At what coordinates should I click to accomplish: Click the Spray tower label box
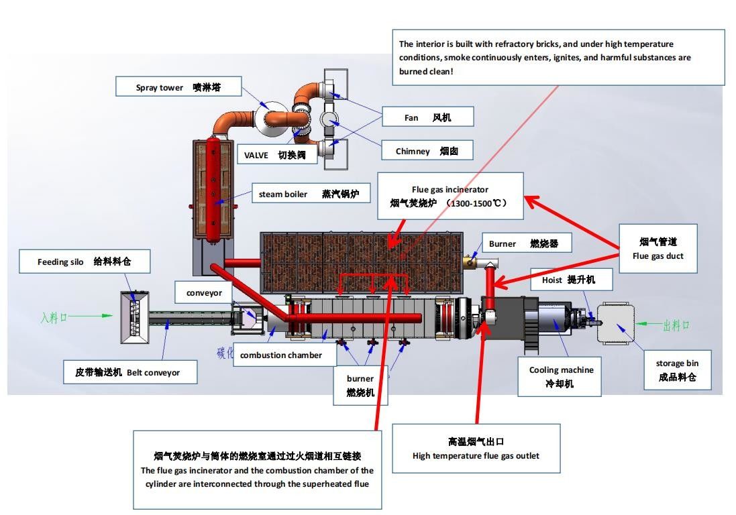(178, 87)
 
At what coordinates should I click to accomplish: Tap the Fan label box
(428, 117)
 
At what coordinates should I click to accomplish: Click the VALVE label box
(274, 155)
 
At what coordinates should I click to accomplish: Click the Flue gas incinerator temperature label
(449, 196)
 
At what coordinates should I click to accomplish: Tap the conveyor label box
(204, 292)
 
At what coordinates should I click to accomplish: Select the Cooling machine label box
(561, 377)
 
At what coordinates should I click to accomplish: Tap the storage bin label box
(677, 370)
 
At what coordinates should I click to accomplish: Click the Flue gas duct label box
(658, 248)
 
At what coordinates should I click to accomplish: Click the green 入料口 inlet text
(54, 317)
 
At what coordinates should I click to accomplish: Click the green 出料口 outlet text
(676, 325)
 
